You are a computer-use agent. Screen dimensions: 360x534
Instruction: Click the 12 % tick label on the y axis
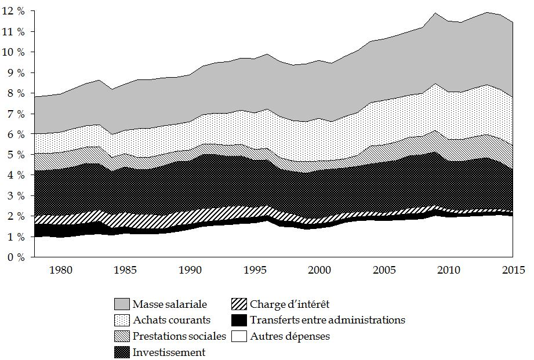[x=14, y=10]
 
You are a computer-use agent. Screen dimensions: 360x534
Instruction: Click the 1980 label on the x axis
[x=60, y=270]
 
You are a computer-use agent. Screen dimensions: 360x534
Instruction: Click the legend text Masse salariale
[x=169, y=303]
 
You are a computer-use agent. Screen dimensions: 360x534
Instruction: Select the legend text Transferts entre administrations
[x=328, y=319]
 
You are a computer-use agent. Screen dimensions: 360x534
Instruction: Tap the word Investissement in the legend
[x=169, y=352]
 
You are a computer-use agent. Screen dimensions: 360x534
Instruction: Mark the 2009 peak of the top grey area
[x=434, y=13]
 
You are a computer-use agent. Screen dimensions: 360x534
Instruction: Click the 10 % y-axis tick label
[x=14, y=52]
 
